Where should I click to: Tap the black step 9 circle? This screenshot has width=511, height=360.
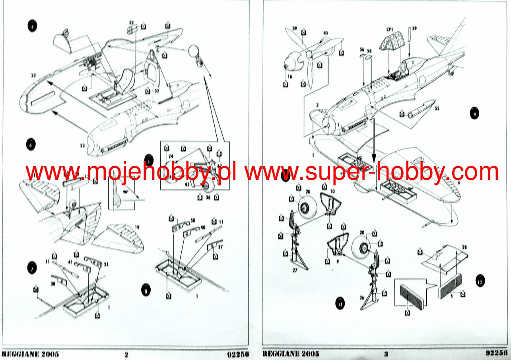474,113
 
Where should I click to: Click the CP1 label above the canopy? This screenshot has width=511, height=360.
389,29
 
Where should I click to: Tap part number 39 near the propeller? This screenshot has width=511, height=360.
295,28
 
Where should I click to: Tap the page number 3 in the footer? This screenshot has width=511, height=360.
385,354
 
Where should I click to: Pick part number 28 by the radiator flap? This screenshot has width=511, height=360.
464,247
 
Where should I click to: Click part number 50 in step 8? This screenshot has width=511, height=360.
193,220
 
